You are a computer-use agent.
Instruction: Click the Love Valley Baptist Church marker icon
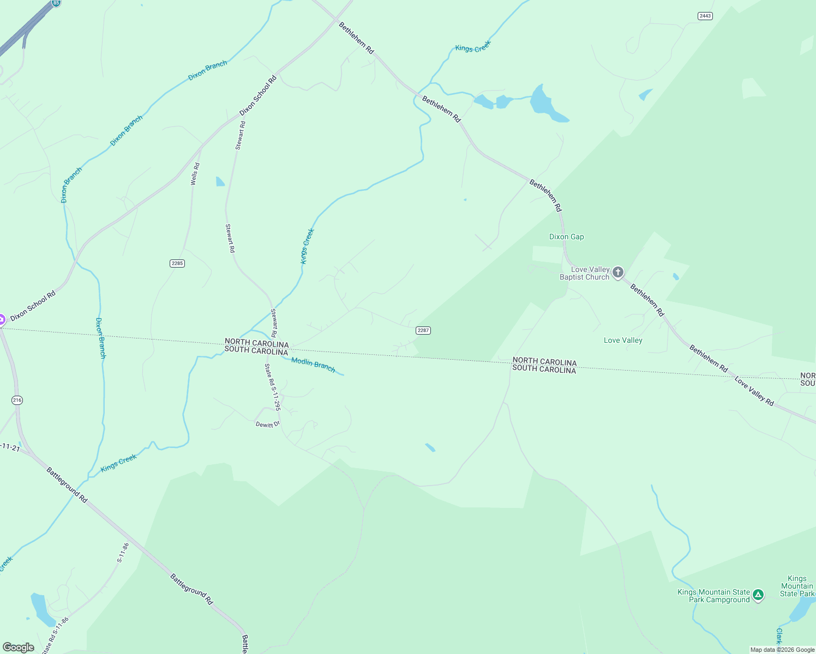[617, 272]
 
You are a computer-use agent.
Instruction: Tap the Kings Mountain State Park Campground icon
[758, 595]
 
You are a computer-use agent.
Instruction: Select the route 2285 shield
[177, 263]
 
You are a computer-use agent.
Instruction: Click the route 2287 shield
[423, 330]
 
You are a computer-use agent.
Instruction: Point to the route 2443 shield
[705, 16]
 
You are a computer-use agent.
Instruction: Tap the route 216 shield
[17, 400]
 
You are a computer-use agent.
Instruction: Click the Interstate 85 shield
[56, 3]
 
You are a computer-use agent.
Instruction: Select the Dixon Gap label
[566, 237]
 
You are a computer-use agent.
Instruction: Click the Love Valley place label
[623, 340]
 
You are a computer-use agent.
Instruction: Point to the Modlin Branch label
[313, 364]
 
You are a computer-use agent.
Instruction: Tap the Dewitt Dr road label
[267, 424]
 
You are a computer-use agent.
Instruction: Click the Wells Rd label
[195, 174]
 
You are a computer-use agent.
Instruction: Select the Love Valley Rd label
[754, 391]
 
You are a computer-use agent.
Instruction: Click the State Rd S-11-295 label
[272, 386]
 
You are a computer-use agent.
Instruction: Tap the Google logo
[18, 647]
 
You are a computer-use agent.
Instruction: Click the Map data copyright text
[782, 650]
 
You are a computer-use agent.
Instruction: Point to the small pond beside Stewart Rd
[220, 181]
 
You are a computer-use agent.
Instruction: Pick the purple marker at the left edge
[2, 319]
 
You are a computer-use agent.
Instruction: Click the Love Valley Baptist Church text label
[584, 273]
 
